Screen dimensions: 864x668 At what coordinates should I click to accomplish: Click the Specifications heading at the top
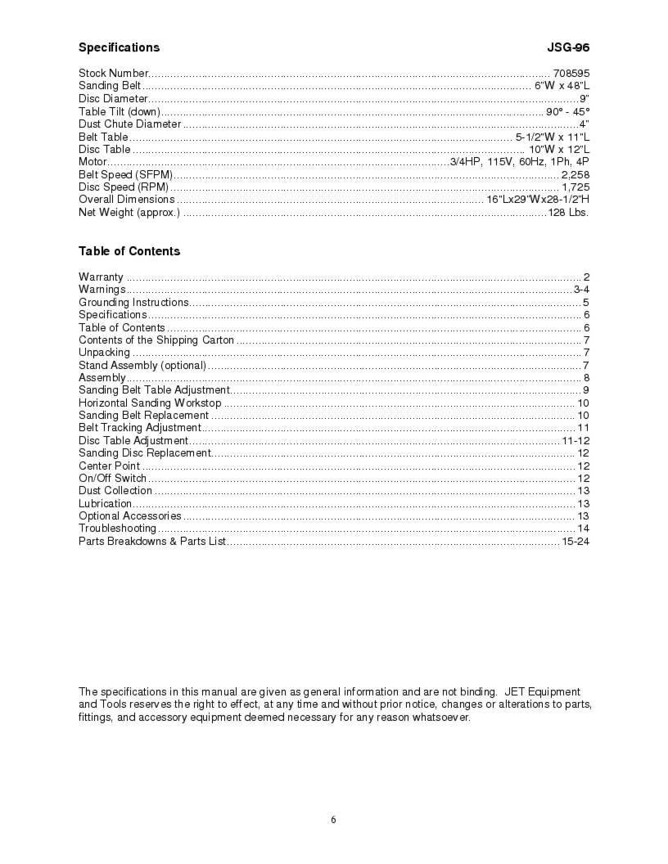click(119, 47)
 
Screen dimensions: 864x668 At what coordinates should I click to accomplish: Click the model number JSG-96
click(568, 47)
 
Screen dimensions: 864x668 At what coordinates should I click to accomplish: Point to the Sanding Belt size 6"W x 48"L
click(562, 86)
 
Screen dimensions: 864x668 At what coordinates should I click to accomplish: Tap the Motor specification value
click(520, 162)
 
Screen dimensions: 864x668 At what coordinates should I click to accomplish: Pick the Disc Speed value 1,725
click(575, 187)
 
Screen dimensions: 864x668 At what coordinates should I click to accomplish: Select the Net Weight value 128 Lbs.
click(568, 213)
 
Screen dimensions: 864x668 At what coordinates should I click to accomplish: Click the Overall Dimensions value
click(538, 200)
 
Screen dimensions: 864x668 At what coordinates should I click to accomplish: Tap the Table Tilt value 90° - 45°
click(568, 111)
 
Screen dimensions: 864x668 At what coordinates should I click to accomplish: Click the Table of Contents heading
click(129, 251)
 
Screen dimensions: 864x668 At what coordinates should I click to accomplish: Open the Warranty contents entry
click(101, 277)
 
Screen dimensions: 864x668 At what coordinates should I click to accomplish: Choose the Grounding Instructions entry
click(133, 303)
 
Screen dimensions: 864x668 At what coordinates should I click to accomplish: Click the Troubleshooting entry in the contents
click(117, 529)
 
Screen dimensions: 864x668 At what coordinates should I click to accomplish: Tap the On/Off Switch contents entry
click(112, 479)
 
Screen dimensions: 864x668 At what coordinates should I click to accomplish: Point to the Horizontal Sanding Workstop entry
click(150, 403)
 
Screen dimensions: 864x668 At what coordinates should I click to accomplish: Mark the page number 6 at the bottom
click(333, 821)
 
